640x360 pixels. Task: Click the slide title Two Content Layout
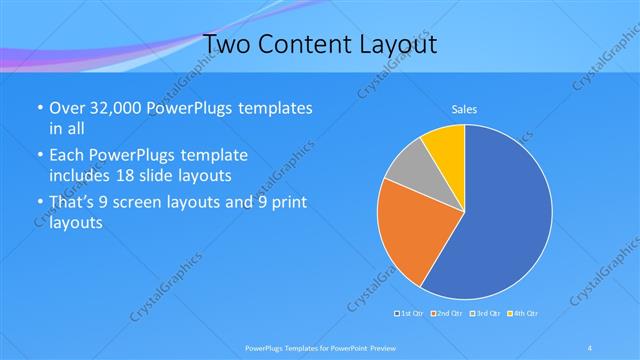pos(319,45)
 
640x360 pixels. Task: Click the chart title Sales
pos(464,108)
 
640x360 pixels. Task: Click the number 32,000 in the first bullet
pos(118,109)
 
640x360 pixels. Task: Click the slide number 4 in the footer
pos(590,347)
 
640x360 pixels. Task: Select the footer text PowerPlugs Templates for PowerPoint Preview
pos(319,347)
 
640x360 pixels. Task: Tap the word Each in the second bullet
pos(68,156)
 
